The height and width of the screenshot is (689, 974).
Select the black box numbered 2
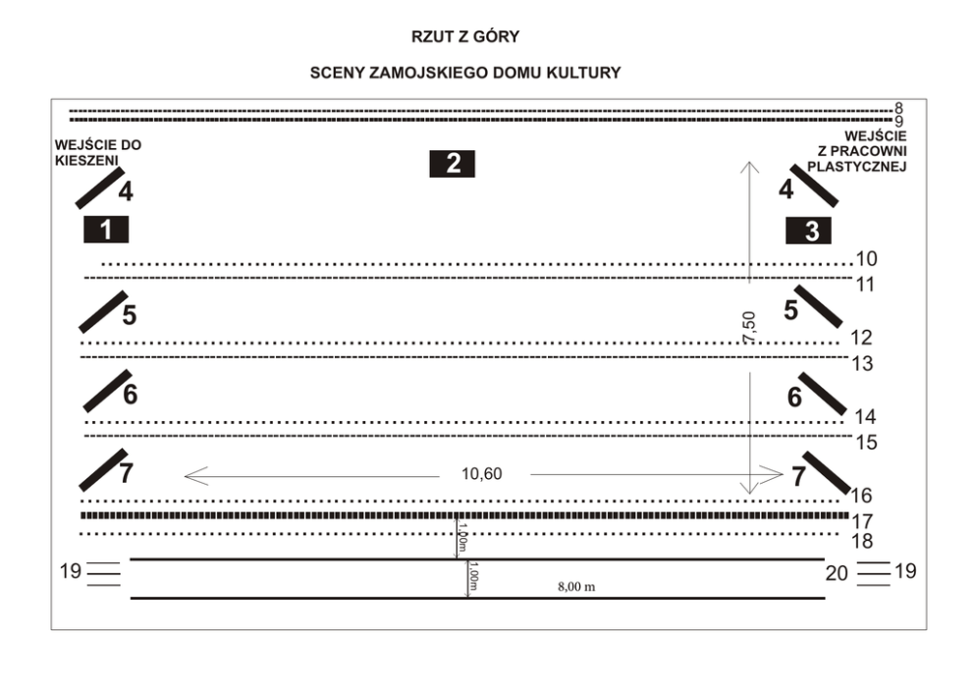[x=453, y=163]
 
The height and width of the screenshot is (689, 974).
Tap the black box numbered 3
[x=810, y=231]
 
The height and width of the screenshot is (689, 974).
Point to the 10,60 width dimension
[x=482, y=474]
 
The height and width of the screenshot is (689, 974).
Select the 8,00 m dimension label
[x=574, y=586]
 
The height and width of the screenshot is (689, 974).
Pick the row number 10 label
[x=866, y=260]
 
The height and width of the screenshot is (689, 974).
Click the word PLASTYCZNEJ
[x=855, y=167]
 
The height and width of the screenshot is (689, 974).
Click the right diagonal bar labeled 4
[x=814, y=184]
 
